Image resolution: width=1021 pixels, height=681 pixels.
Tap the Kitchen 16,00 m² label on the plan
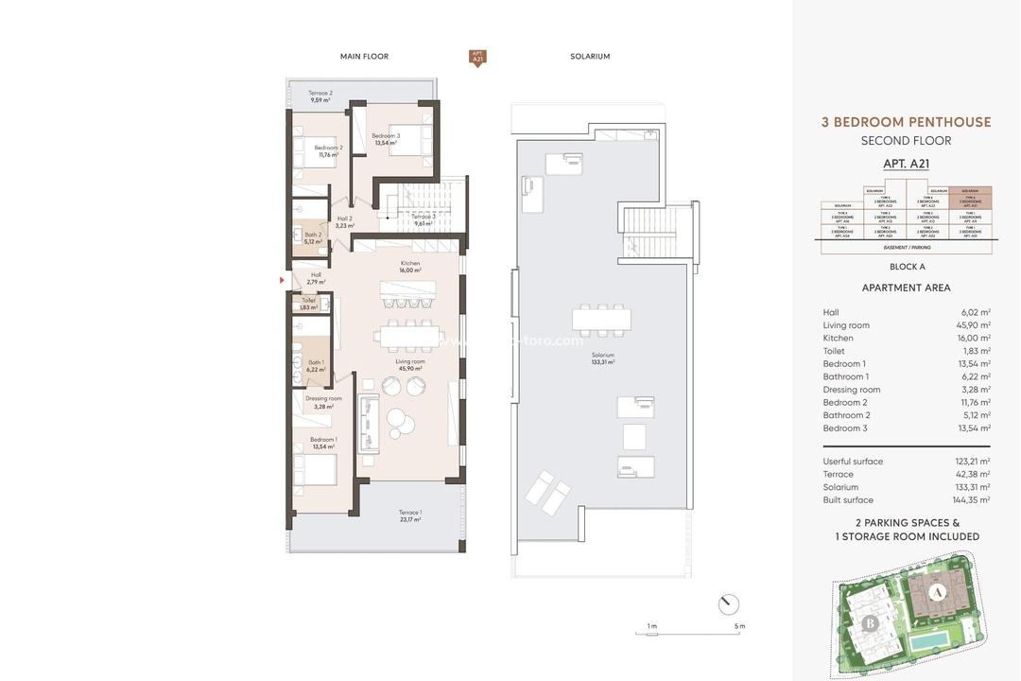(x=409, y=267)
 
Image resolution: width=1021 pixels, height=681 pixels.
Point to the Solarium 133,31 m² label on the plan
(x=601, y=358)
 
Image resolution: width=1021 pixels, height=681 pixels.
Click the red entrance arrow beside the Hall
(x=282, y=280)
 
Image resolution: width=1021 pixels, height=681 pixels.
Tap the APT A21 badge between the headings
(x=477, y=58)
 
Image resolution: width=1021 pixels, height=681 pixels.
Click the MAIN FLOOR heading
(x=364, y=57)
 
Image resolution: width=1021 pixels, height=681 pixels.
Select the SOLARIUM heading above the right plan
(x=590, y=57)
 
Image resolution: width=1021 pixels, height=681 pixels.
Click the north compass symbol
(x=728, y=604)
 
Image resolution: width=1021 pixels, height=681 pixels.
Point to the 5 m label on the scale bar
(x=739, y=626)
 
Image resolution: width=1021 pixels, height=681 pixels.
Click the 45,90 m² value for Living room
(x=973, y=325)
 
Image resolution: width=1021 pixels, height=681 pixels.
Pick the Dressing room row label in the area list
(x=851, y=390)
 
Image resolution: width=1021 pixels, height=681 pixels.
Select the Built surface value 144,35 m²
(x=971, y=500)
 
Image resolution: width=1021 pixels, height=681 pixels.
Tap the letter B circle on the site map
(x=870, y=623)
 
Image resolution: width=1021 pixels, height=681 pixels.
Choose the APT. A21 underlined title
(x=906, y=164)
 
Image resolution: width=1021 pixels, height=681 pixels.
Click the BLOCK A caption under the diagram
(x=907, y=267)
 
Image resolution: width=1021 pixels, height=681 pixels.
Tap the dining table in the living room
(x=408, y=335)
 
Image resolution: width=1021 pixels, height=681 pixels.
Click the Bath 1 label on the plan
(x=315, y=366)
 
